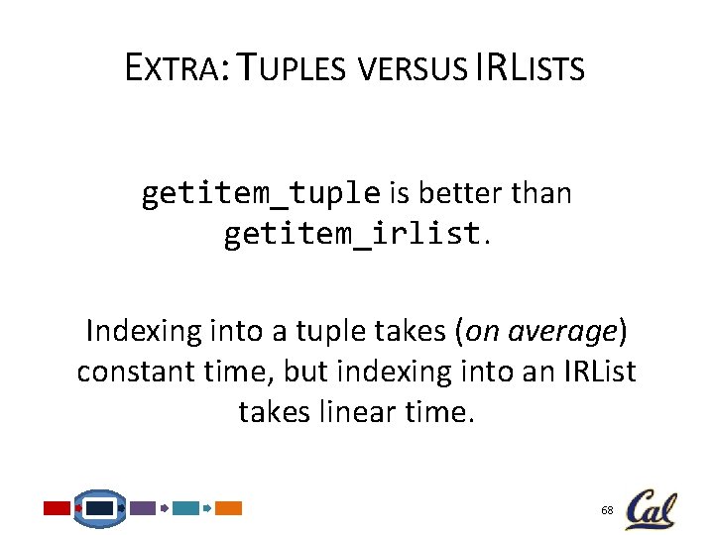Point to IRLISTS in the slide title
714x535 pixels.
(x=531, y=68)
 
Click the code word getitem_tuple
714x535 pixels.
(x=260, y=193)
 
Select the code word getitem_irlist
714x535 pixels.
(x=351, y=236)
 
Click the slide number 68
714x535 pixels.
(x=607, y=509)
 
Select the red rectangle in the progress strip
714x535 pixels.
(x=58, y=508)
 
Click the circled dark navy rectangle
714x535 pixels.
(x=99, y=508)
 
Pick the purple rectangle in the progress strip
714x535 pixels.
(x=143, y=508)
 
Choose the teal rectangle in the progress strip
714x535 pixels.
(x=185, y=508)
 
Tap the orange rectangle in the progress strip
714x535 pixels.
(x=229, y=508)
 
